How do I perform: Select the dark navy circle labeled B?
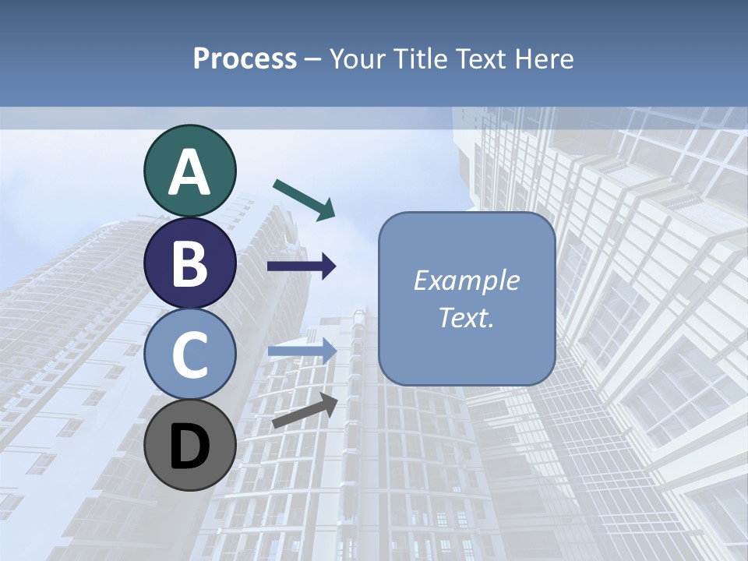pos(189,263)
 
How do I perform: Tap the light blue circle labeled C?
pos(189,355)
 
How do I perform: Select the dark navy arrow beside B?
pos(302,266)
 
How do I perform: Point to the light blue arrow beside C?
pos(302,351)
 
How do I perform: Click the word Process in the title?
pos(245,59)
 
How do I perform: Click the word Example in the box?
pos(466,280)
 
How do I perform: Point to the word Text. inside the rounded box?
pos(466,318)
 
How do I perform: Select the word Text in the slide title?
pos(481,59)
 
